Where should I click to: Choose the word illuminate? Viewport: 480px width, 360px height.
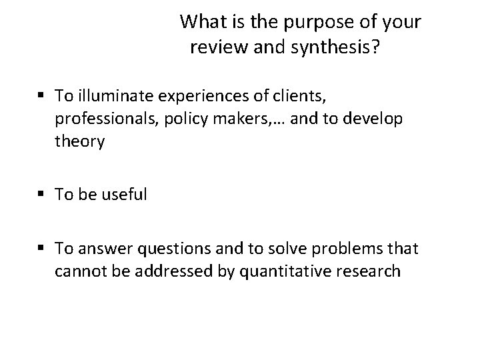113,97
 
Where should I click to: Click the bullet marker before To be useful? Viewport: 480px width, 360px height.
41,195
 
